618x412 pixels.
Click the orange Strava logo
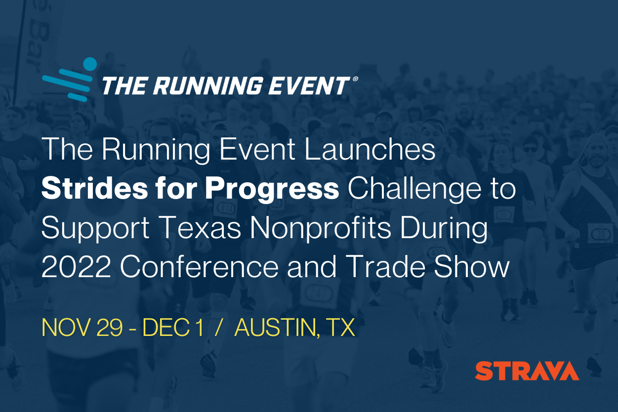pyautogui.click(x=527, y=371)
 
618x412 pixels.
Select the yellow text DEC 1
pyautogui.click(x=172, y=328)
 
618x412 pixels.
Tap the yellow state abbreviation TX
pyautogui.click(x=341, y=328)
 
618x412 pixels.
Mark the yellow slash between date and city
pyautogui.click(x=217, y=328)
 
